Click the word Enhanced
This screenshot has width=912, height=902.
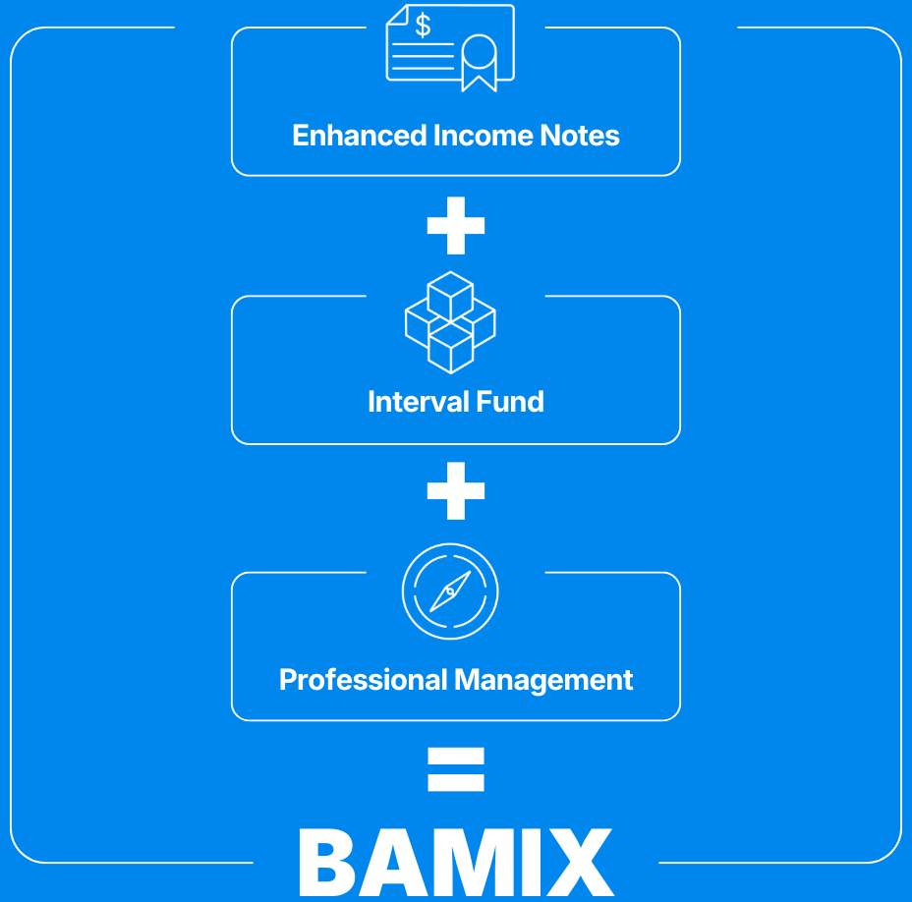tap(360, 136)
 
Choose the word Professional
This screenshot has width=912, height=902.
tap(363, 680)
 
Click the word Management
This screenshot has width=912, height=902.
tap(544, 680)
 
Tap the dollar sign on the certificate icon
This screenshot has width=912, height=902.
tap(423, 27)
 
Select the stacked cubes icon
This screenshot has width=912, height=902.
tap(450, 321)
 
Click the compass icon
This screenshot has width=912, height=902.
tap(450, 592)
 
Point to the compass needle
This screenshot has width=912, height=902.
tap(449, 592)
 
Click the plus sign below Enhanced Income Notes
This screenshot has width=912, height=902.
tap(456, 225)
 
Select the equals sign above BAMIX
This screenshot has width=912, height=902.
tap(456, 769)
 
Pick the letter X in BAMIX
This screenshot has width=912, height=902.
tap(579, 862)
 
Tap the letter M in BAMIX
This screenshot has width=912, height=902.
tap(472, 862)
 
